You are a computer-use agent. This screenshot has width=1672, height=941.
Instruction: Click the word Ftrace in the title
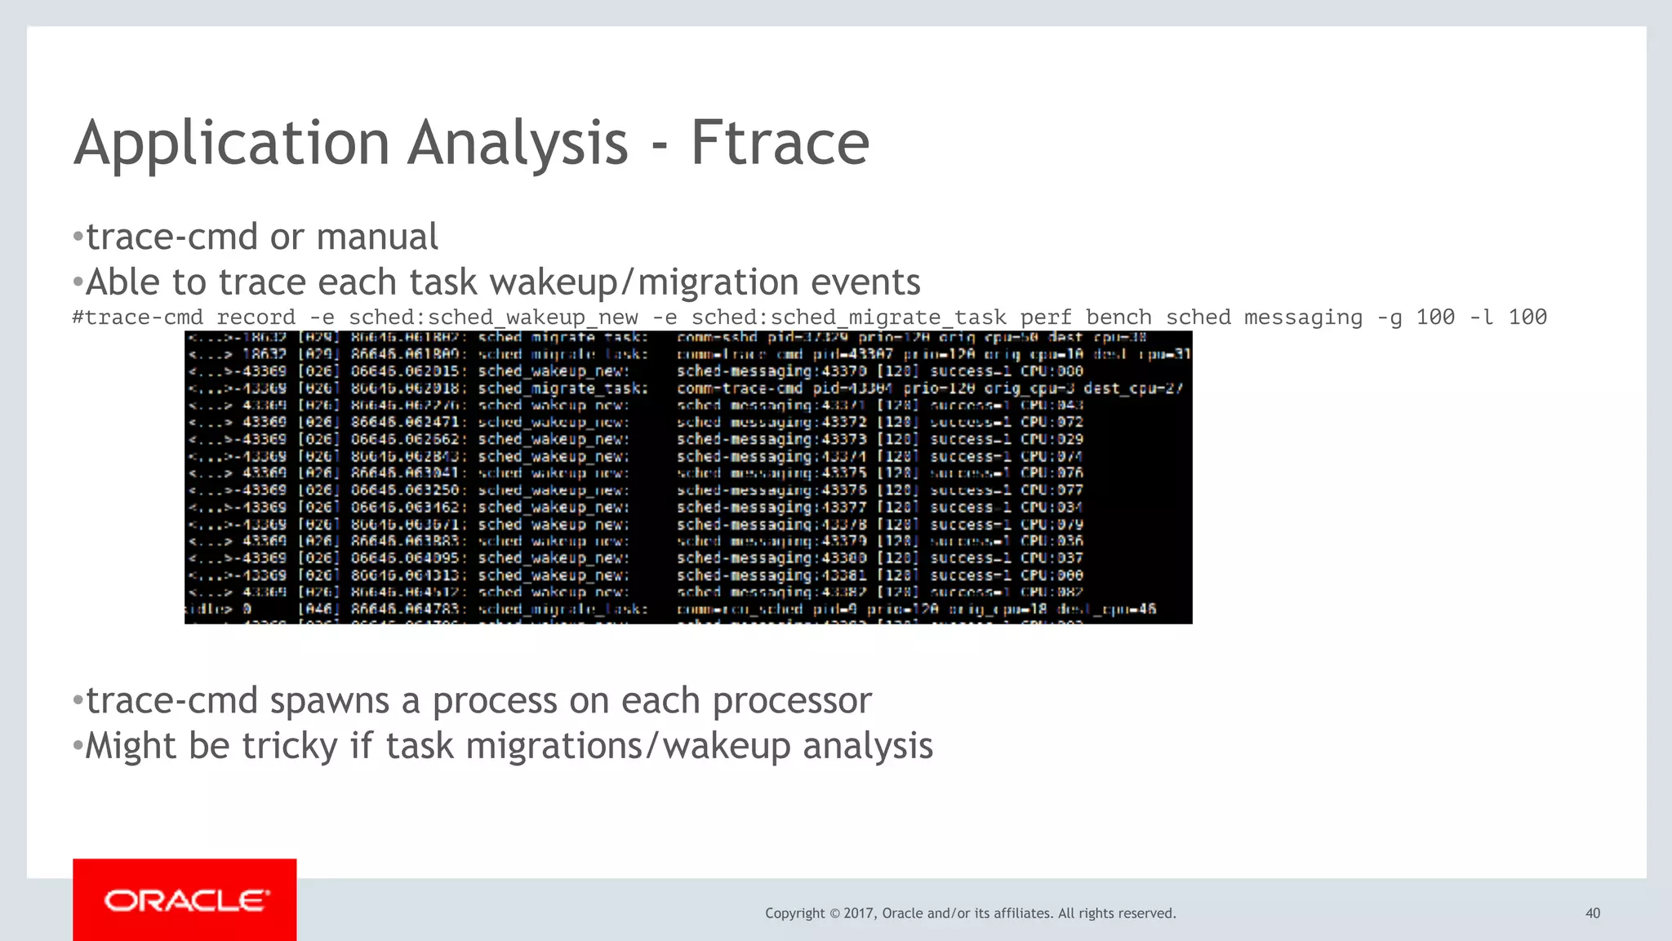pos(780,144)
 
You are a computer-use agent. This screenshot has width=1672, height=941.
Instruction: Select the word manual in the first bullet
pos(376,237)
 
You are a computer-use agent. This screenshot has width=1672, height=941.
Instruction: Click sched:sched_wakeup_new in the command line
pos(493,317)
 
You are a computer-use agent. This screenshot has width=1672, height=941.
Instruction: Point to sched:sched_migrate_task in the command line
pos(848,317)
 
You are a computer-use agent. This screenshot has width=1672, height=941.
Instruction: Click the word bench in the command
pos(1118,317)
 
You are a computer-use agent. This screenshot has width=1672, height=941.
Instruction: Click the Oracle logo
pos(185,900)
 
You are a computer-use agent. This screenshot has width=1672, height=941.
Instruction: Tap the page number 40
pos(1592,913)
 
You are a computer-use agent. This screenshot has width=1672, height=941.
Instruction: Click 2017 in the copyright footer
pos(859,913)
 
